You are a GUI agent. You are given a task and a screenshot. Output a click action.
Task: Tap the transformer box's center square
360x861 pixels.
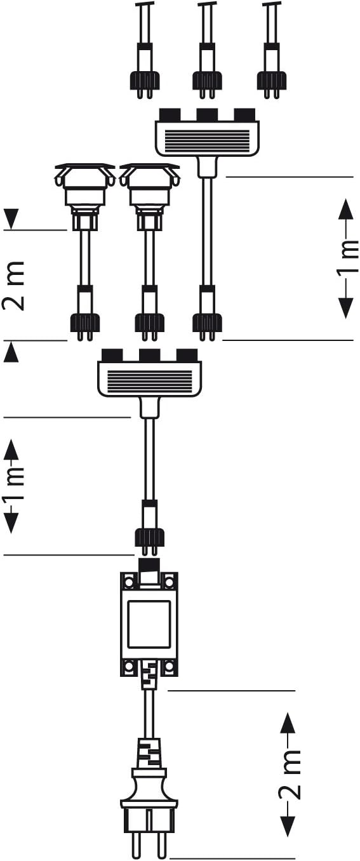click(x=149, y=625)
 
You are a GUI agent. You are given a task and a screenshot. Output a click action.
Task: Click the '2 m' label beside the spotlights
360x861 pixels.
click(x=14, y=286)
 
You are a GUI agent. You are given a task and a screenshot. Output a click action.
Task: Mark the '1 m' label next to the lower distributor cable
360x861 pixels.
click(x=13, y=485)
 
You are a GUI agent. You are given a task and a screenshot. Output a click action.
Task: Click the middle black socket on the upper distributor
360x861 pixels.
click(x=207, y=114)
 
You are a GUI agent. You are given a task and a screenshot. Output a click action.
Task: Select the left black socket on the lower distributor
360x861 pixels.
click(x=112, y=355)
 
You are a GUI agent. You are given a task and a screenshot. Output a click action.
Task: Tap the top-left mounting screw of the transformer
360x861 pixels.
click(x=128, y=580)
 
